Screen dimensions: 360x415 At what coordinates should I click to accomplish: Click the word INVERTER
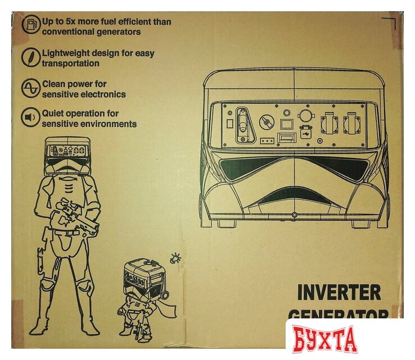339,292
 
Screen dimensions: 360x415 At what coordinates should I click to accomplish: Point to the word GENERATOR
339,315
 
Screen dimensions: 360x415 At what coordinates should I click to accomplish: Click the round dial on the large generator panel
265,121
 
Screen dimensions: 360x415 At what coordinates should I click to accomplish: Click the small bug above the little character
175,258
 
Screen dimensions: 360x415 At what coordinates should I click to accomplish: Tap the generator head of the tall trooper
67,151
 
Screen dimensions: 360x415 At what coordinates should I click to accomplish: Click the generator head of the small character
145,277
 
